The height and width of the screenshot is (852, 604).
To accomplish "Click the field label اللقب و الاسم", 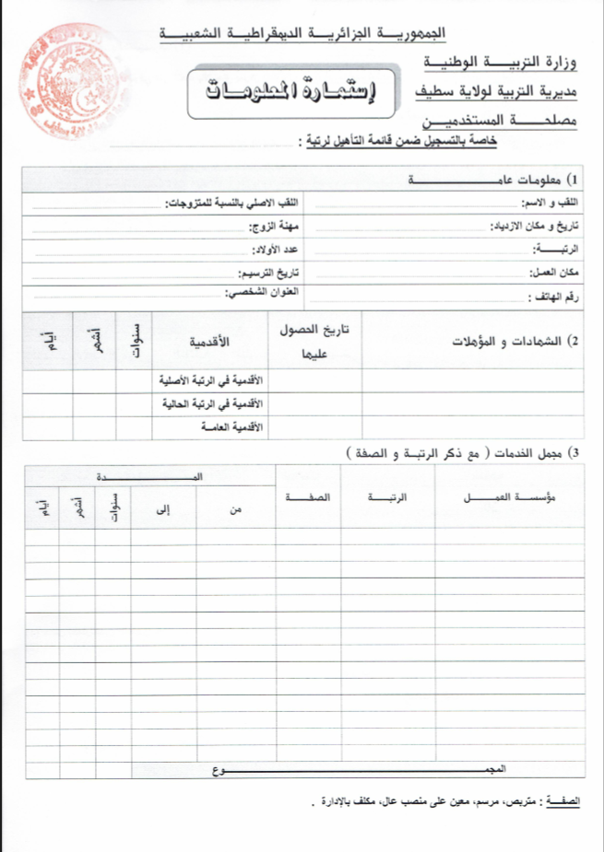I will coord(548,202).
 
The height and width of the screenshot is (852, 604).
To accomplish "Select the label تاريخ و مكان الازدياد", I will coord(536,226).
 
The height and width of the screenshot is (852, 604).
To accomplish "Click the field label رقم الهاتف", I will coord(556,298).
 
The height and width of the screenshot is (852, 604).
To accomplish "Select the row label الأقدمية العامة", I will coord(231,428).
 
